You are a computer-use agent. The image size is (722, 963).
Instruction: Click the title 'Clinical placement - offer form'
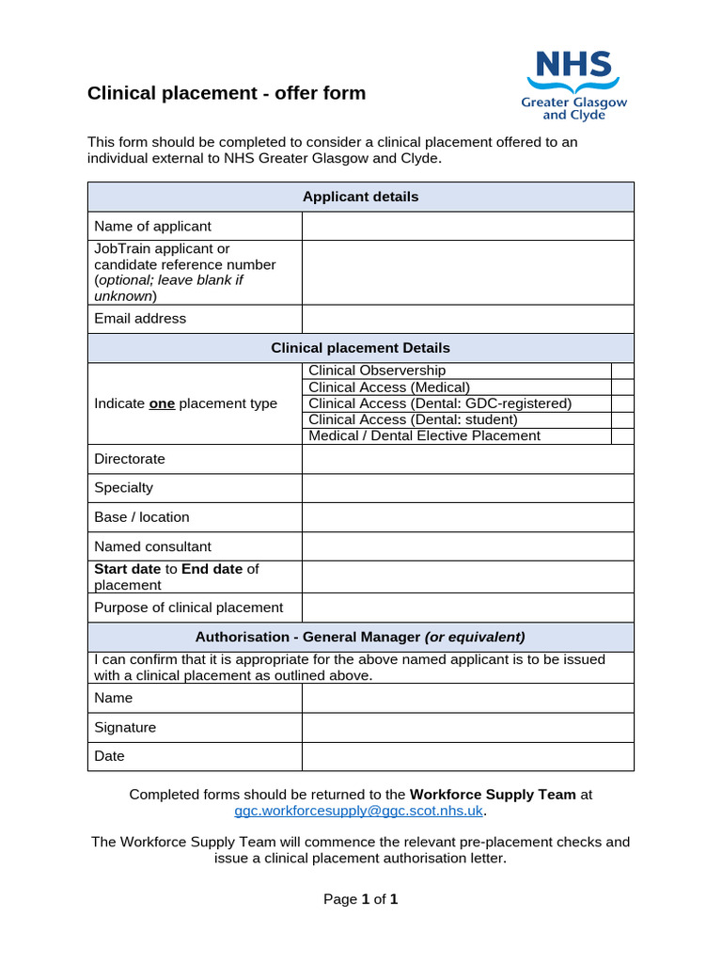pyautogui.click(x=227, y=93)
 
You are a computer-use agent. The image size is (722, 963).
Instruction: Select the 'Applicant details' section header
pyautogui.click(x=360, y=197)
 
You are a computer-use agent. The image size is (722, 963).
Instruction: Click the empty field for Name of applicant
pyautogui.click(x=467, y=226)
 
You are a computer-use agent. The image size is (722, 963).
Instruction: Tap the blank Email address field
pyautogui.click(x=467, y=319)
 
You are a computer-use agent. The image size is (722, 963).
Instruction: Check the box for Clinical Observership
pyautogui.click(x=622, y=371)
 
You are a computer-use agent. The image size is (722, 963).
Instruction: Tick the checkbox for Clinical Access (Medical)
pyautogui.click(x=622, y=387)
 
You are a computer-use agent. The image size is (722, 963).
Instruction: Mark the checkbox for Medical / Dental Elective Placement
pyautogui.click(x=622, y=435)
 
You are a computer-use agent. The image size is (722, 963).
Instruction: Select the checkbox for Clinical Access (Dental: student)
pyautogui.click(x=622, y=419)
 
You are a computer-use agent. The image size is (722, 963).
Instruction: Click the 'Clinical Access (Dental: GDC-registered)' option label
pyautogui.click(x=439, y=403)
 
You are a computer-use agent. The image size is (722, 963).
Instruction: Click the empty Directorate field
pyautogui.click(x=467, y=459)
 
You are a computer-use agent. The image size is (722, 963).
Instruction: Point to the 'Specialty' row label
pyautogui.click(x=123, y=488)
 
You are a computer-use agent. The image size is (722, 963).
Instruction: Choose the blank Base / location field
pyautogui.click(x=467, y=517)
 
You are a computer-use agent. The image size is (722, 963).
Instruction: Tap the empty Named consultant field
pyautogui.click(x=467, y=546)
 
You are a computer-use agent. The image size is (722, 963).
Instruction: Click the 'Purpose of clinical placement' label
pyautogui.click(x=188, y=608)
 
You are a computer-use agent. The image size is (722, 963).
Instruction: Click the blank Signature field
pyautogui.click(x=467, y=727)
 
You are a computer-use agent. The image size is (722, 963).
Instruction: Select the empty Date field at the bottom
pyautogui.click(x=467, y=756)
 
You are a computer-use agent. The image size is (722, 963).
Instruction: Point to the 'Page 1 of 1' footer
pyautogui.click(x=361, y=899)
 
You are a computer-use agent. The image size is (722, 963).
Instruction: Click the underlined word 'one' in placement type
pyautogui.click(x=162, y=403)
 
